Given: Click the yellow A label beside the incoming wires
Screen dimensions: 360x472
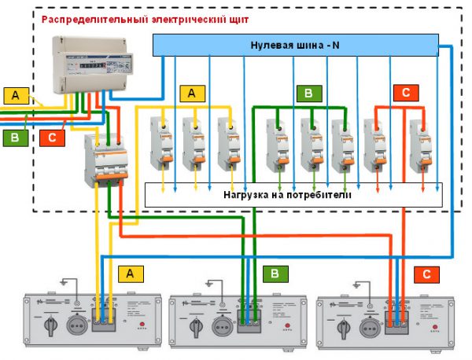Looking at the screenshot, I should tap(15, 96).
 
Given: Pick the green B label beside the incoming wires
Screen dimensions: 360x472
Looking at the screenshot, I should tap(15, 138).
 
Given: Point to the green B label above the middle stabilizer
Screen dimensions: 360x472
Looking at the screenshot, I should tap(276, 274).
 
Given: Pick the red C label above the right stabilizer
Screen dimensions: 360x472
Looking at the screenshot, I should tap(426, 274).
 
